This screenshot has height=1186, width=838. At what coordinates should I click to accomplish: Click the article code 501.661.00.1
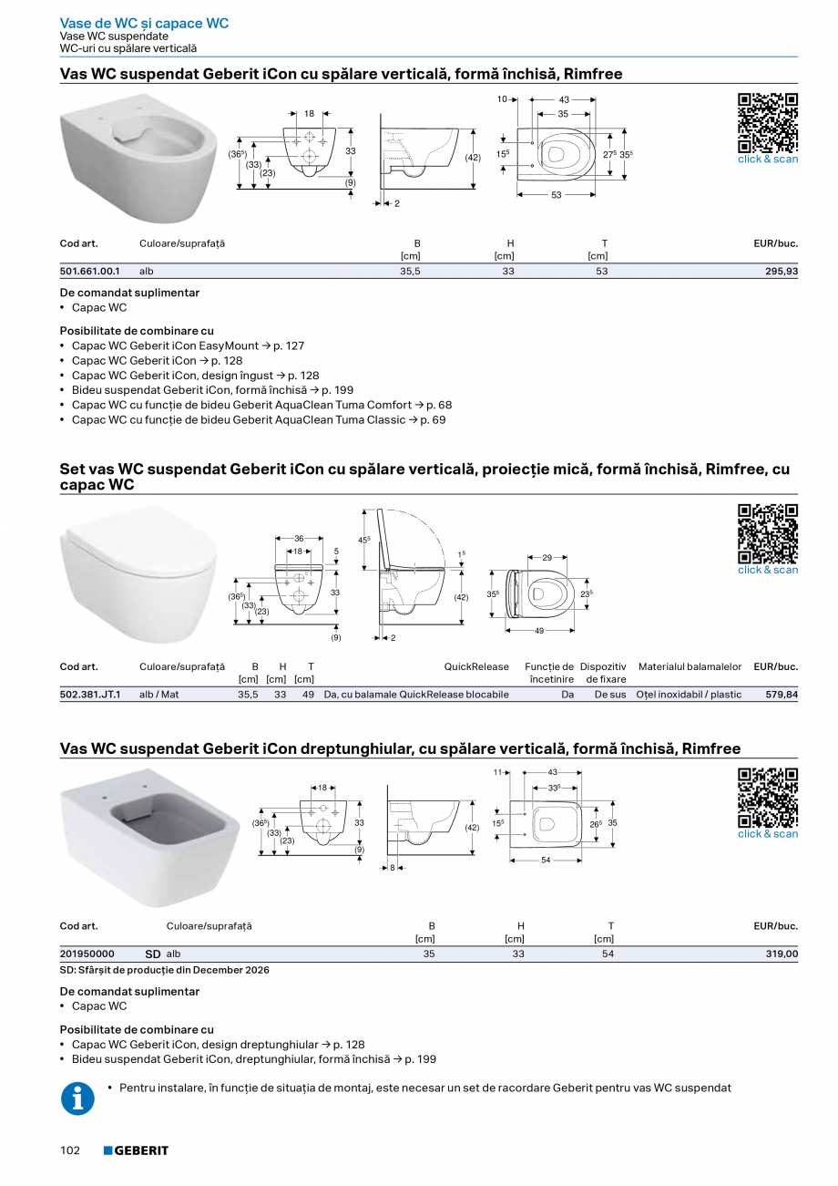pos(89,272)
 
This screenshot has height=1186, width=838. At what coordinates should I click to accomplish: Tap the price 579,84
pos(782,695)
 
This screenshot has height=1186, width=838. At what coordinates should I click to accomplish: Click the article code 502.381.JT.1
pos(89,695)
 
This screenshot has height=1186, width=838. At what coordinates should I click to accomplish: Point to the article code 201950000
pos(87,954)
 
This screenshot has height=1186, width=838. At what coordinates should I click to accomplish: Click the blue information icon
pos(77,1098)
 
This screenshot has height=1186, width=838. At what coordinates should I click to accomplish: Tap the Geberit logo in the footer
pos(136,1150)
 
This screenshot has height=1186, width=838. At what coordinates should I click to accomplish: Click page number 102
pos(70,1150)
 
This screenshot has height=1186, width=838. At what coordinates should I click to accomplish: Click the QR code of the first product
pos(767,123)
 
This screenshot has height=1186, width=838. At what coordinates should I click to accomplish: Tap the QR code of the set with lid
pos(767,534)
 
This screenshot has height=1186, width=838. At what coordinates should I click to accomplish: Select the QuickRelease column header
pos(476,667)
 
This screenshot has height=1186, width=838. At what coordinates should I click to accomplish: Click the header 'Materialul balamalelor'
pos(690,667)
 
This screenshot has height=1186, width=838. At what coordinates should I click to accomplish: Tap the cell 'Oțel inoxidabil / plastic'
pos(689,695)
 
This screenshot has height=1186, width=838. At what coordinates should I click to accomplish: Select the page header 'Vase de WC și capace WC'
pos(144,23)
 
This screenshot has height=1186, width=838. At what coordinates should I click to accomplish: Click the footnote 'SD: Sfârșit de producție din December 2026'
pos(165,971)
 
